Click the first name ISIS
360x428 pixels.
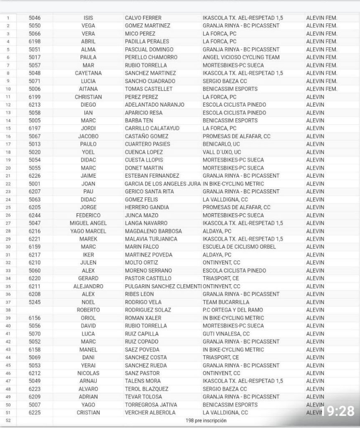[x=88, y=18]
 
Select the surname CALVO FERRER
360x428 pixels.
[x=143, y=18]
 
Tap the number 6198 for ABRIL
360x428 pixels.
[x=35, y=41]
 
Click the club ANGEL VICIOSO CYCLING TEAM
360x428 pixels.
[x=241, y=57]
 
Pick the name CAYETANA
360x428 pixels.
[x=88, y=73]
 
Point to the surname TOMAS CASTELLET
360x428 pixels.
[x=149, y=89]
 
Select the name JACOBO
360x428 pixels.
[x=88, y=136]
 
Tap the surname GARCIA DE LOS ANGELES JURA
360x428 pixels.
[x=163, y=184]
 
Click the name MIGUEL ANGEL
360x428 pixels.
[x=88, y=223]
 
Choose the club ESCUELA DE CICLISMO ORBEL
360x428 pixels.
[x=239, y=247]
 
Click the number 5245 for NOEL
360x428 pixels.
[x=35, y=302]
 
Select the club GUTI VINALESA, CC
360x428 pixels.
[x=226, y=334]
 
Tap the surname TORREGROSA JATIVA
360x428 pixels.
[x=151, y=405]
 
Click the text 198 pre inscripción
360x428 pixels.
[x=206, y=420]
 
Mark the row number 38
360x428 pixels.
[x=8, y=310]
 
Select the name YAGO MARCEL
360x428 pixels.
[x=88, y=231]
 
